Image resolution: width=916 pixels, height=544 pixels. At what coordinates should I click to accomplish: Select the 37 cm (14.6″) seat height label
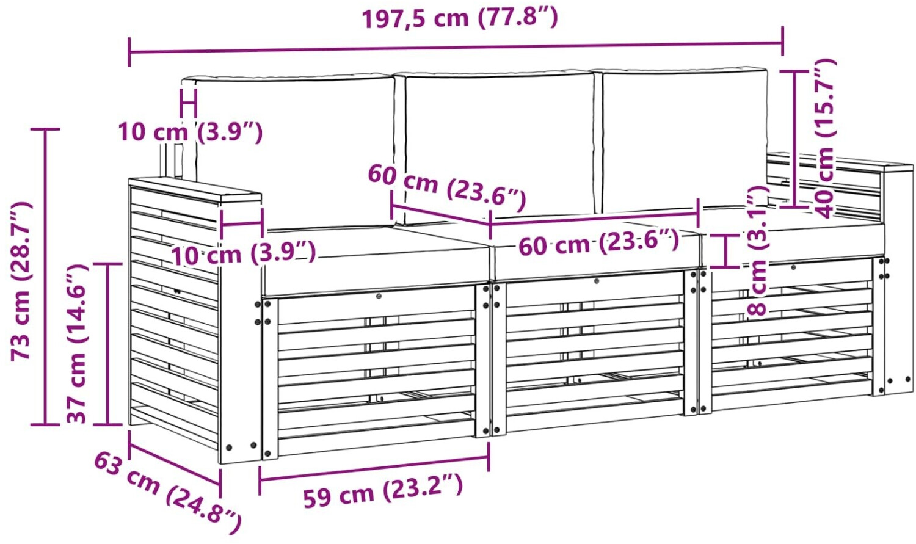click(x=77, y=343)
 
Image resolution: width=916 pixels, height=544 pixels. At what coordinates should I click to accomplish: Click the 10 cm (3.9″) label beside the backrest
click(x=190, y=132)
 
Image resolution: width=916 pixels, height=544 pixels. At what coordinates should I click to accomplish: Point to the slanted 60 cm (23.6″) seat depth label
click(x=446, y=188)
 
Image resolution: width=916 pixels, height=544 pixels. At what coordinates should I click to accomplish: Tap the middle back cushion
click(x=499, y=148)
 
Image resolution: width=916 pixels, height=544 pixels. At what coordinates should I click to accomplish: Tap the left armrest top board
click(x=195, y=190)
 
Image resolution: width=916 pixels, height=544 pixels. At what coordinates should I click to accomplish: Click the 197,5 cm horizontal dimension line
click(x=456, y=48)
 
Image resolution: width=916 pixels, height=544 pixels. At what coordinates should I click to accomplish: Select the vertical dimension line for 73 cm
click(x=45, y=277)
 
